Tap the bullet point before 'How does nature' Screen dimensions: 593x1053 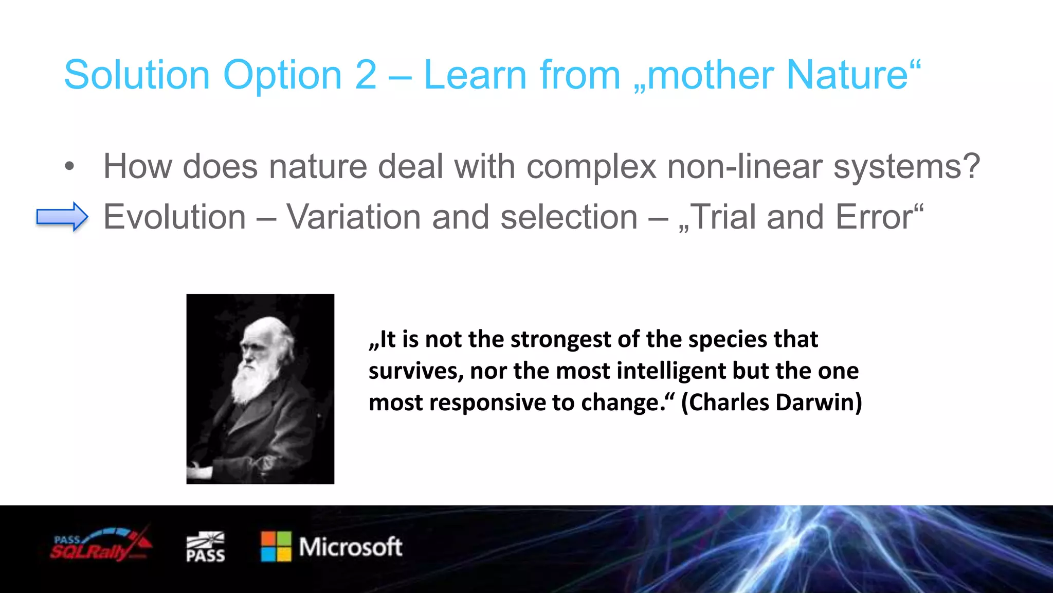point(69,167)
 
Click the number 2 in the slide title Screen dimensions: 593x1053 point(366,75)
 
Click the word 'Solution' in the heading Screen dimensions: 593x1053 point(137,75)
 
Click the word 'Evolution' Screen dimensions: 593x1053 point(175,217)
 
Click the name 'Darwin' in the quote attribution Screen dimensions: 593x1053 point(819,403)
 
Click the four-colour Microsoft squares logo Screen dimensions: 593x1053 point(276,547)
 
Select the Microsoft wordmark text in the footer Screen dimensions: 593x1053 point(351,547)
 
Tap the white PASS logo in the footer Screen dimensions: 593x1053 point(205,547)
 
